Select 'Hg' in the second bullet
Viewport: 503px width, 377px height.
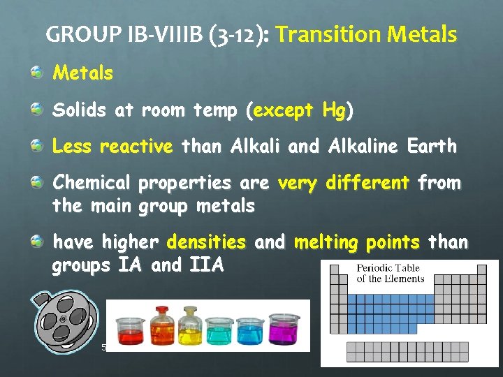334,110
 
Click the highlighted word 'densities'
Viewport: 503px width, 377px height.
206,242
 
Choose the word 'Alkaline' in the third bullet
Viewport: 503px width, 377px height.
363,147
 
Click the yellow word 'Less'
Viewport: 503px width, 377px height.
72,147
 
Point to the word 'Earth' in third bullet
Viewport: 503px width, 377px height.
432,147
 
